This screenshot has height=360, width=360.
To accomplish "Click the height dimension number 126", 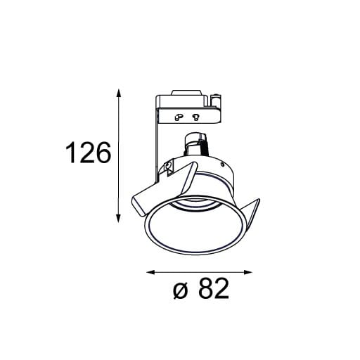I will [x=88, y=153].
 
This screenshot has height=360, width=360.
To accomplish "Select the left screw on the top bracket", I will [x=179, y=117].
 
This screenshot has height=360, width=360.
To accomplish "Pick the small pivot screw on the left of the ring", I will [x=169, y=166].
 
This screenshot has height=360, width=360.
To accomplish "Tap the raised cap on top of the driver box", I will [x=185, y=91].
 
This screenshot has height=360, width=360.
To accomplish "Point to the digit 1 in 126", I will [x=70, y=153].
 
